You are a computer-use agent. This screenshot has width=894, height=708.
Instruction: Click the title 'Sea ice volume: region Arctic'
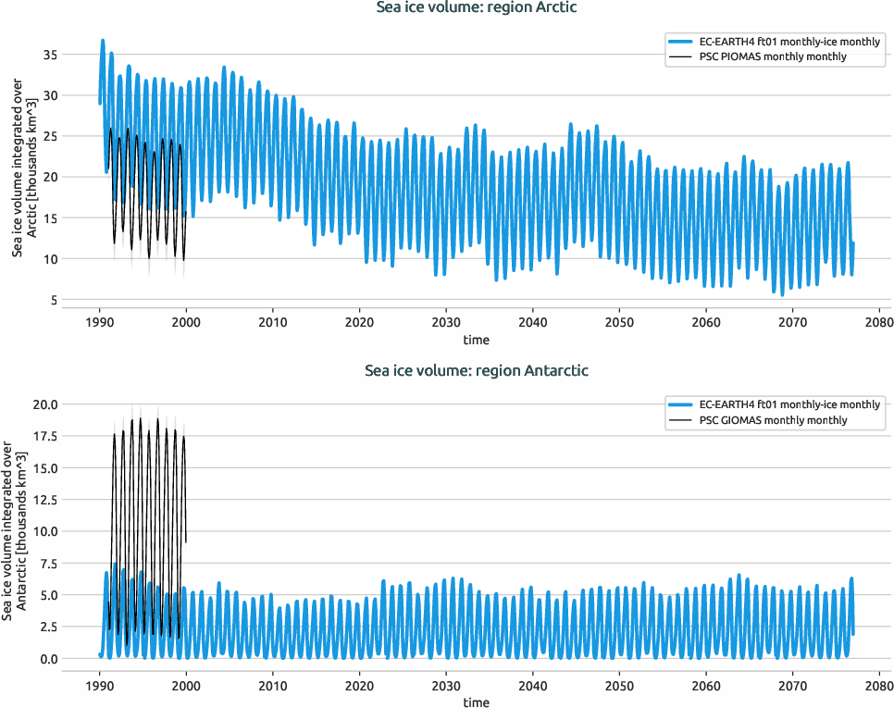pyautogui.click(x=477, y=8)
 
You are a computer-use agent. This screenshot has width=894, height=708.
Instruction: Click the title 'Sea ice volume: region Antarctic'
pyautogui.click(x=477, y=371)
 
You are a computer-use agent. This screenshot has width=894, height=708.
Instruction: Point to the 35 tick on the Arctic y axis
pyautogui.click(x=51, y=55)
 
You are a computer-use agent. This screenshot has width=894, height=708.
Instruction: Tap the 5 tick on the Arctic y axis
pyautogui.click(x=55, y=300)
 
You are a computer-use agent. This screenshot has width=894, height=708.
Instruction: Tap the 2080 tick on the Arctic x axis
pyautogui.click(x=878, y=323)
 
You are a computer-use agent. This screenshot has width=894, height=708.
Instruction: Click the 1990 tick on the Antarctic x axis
pyautogui.click(x=100, y=686)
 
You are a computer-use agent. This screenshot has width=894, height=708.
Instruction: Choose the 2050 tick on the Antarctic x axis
pyautogui.click(x=619, y=686)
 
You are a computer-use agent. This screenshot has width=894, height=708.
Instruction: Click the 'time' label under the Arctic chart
pyautogui.click(x=477, y=340)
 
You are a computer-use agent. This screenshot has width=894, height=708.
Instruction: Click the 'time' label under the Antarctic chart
pyautogui.click(x=477, y=702)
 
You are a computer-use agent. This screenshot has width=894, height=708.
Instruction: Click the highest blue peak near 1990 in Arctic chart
pyautogui.click(x=103, y=41)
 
